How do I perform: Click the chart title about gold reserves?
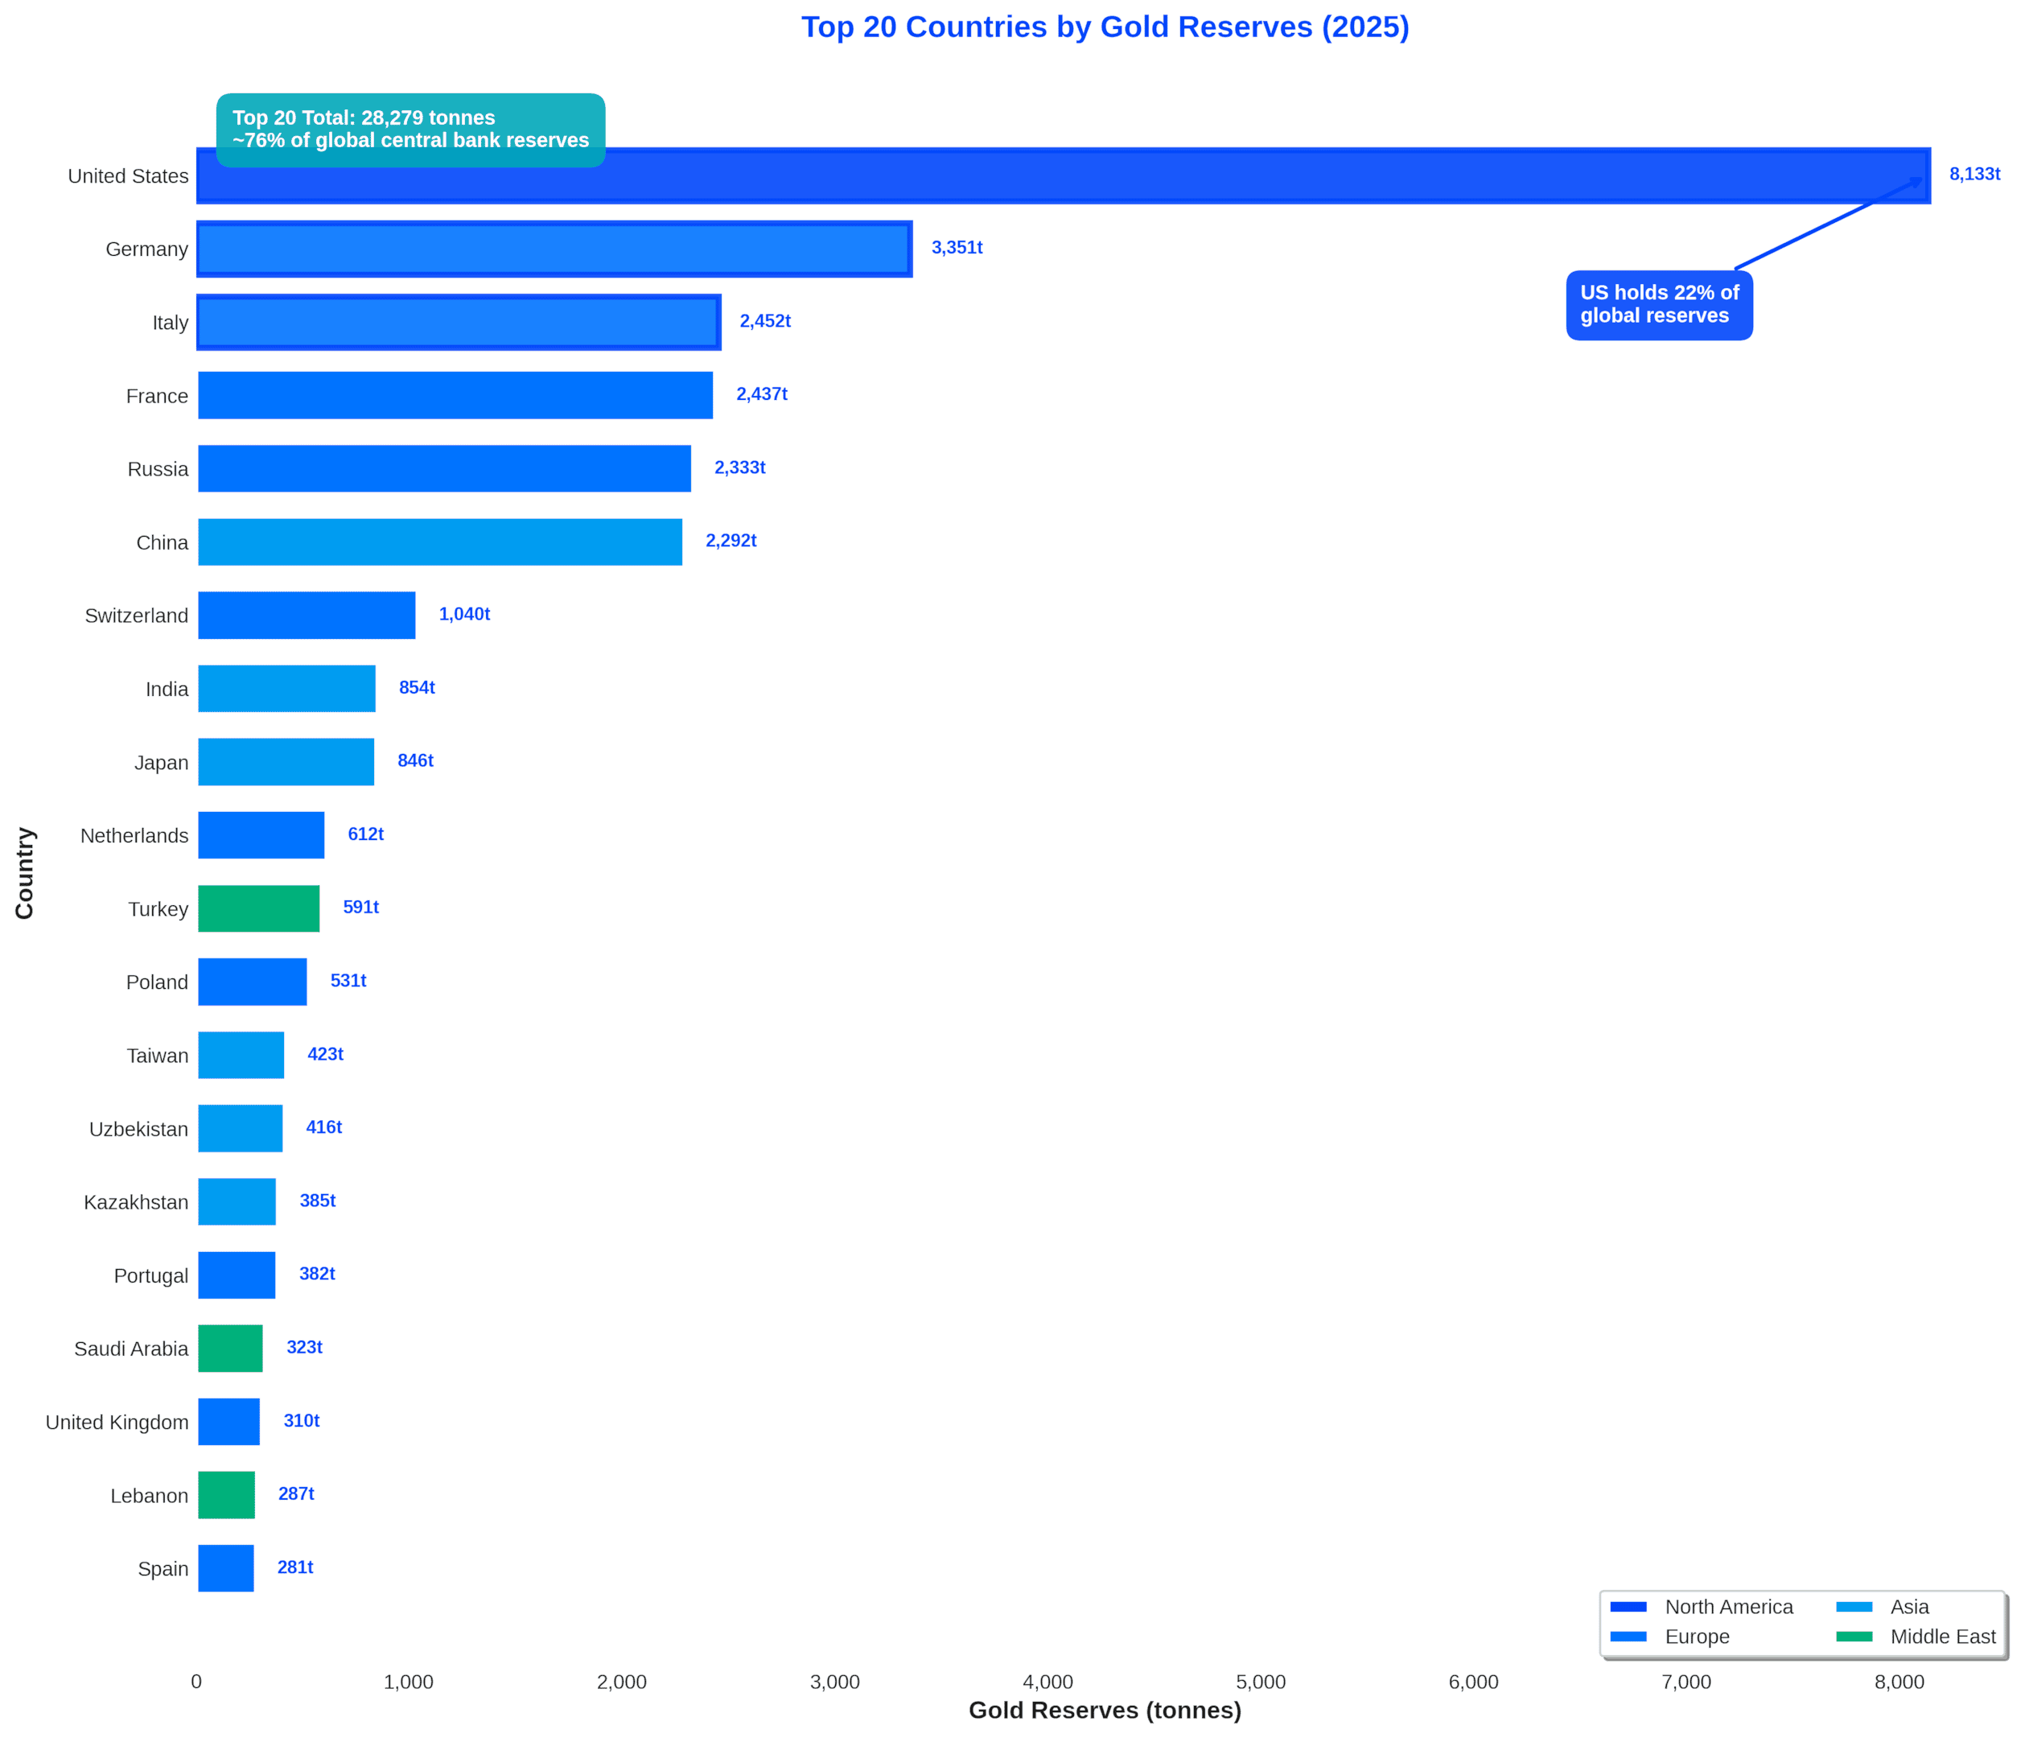coord(1105,27)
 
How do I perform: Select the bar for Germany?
coord(554,249)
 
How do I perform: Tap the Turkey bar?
coord(258,908)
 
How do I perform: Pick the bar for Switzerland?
coord(307,615)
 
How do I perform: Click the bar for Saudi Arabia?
coord(230,1349)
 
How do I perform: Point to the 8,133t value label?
coord(1974,175)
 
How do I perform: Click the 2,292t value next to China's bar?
coord(731,541)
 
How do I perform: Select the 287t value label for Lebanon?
coord(296,1493)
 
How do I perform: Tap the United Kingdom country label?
coord(117,1422)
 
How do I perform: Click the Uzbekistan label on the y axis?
coord(138,1129)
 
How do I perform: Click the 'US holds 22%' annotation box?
coord(1659,304)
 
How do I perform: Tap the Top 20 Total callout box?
coord(410,130)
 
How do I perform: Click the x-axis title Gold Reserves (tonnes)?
coord(1105,1710)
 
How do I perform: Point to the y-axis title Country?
coord(24,872)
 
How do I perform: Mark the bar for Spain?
coord(226,1567)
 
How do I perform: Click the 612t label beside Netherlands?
coord(365,834)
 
